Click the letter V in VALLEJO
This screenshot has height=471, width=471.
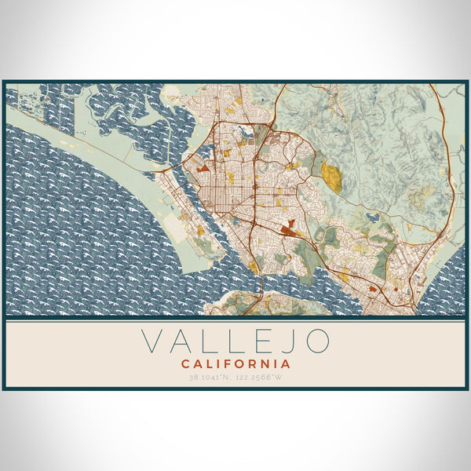pyautogui.click(x=154, y=341)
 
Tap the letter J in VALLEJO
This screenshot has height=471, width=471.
pyautogui.click(x=287, y=341)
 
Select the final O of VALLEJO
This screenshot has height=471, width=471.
pyautogui.click(x=318, y=341)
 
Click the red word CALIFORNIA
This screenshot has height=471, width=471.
pyautogui.click(x=235, y=364)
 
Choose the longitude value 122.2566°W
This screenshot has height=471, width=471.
pyautogui.click(x=262, y=378)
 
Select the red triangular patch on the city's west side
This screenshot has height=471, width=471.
pyautogui.click(x=203, y=167)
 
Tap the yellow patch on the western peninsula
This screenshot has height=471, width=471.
pyautogui.click(x=200, y=231)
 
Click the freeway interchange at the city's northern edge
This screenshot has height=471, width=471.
pyautogui.click(x=271, y=125)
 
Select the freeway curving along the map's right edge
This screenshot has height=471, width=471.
pyautogui.click(x=451, y=181)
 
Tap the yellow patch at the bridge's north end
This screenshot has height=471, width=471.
pyautogui.click(x=254, y=268)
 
